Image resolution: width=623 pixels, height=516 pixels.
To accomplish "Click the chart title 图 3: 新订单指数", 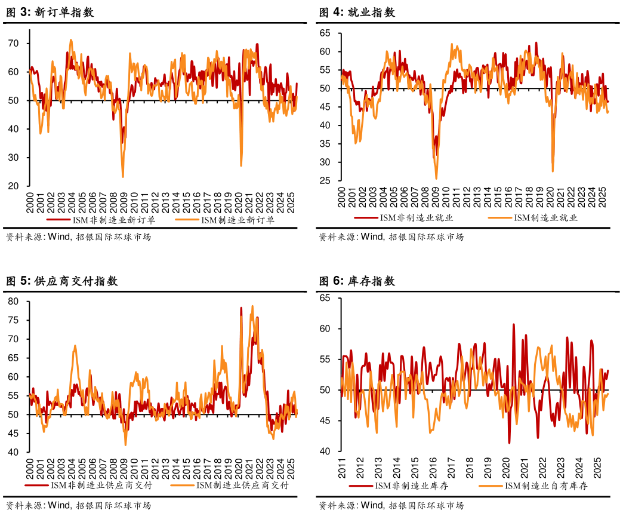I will point(50,13).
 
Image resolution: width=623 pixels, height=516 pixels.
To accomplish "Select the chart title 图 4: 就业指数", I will point(357,13).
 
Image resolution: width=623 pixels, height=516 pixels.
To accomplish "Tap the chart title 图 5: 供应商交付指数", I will point(61,281).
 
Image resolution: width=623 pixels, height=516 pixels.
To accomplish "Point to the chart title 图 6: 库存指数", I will point(357,281).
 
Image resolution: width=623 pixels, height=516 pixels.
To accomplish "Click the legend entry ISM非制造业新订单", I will point(113,220).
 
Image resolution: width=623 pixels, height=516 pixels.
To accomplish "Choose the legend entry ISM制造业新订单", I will point(238,220).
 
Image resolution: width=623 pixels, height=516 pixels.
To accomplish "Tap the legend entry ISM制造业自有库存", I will point(546,486).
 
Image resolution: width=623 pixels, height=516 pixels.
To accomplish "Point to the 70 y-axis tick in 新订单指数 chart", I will point(13,44).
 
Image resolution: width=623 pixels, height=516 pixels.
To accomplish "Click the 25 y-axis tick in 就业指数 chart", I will point(325,180).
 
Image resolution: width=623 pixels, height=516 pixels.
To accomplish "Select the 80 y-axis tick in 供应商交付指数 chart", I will point(13,302).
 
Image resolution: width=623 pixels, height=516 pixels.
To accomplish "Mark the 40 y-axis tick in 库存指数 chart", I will point(325,451).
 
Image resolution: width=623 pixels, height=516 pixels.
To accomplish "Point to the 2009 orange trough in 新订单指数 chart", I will point(123,177).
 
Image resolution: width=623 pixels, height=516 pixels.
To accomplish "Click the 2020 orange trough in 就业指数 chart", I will point(553,171).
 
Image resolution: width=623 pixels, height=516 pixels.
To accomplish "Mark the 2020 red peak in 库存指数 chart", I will point(513,324).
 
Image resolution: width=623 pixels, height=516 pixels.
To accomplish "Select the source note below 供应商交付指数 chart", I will point(78,505).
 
